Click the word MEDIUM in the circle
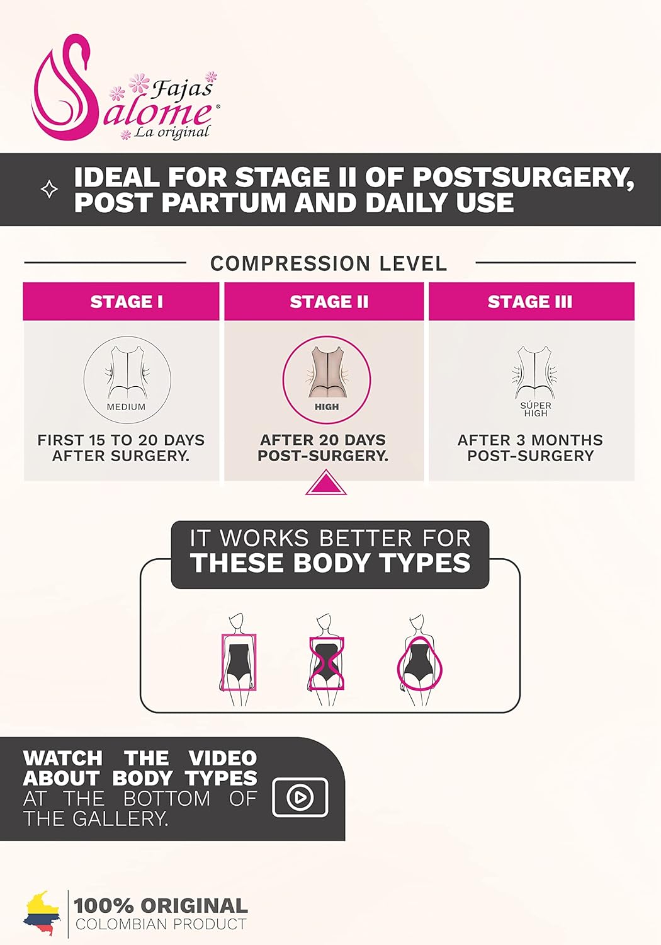tap(126, 407)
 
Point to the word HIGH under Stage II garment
tap(327, 407)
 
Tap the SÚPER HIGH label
tap(536, 409)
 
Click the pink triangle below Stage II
tap(326, 483)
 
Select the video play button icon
tap(300, 797)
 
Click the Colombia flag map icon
tap(42, 915)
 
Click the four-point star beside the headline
tap(49, 190)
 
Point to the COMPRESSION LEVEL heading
tap(329, 263)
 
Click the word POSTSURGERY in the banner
tap(523, 177)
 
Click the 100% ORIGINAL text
tap(161, 906)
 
